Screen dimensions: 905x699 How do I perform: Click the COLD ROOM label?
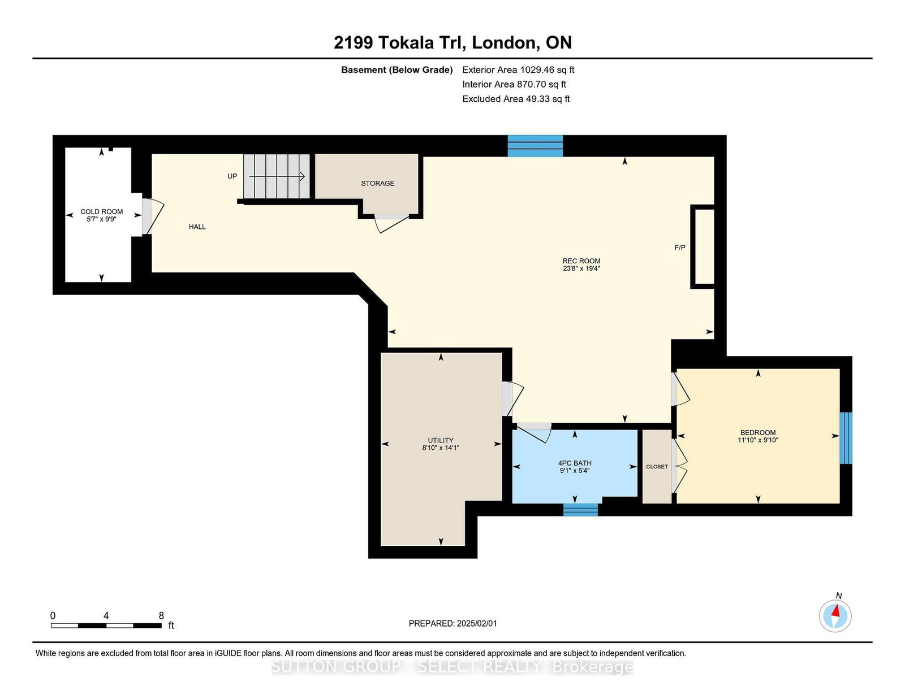click(102, 211)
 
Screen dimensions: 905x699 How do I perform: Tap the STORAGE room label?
click(377, 183)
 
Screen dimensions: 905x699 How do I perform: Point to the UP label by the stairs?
click(232, 176)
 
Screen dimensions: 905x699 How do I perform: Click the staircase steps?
click(277, 176)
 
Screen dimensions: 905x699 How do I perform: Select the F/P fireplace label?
click(680, 248)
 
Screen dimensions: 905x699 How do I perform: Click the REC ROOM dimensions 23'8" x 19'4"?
click(581, 269)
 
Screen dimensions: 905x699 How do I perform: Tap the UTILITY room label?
click(441, 440)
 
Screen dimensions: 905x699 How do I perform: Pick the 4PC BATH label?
click(575, 463)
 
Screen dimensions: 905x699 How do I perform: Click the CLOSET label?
click(657, 467)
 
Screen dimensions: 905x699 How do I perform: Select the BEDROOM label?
click(758, 432)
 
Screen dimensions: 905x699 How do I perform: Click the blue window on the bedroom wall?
click(846, 438)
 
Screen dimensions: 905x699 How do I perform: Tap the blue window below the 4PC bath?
click(580, 510)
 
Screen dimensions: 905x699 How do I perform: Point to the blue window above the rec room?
click(535, 146)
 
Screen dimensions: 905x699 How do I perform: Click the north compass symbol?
click(835, 616)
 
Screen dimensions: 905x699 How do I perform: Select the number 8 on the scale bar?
click(161, 616)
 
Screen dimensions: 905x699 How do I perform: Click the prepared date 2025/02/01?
click(477, 623)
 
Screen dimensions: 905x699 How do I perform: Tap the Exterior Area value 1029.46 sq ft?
click(548, 70)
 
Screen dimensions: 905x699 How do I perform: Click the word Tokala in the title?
click(407, 42)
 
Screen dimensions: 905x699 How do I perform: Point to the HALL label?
click(197, 227)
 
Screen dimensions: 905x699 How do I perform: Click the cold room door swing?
click(153, 216)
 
